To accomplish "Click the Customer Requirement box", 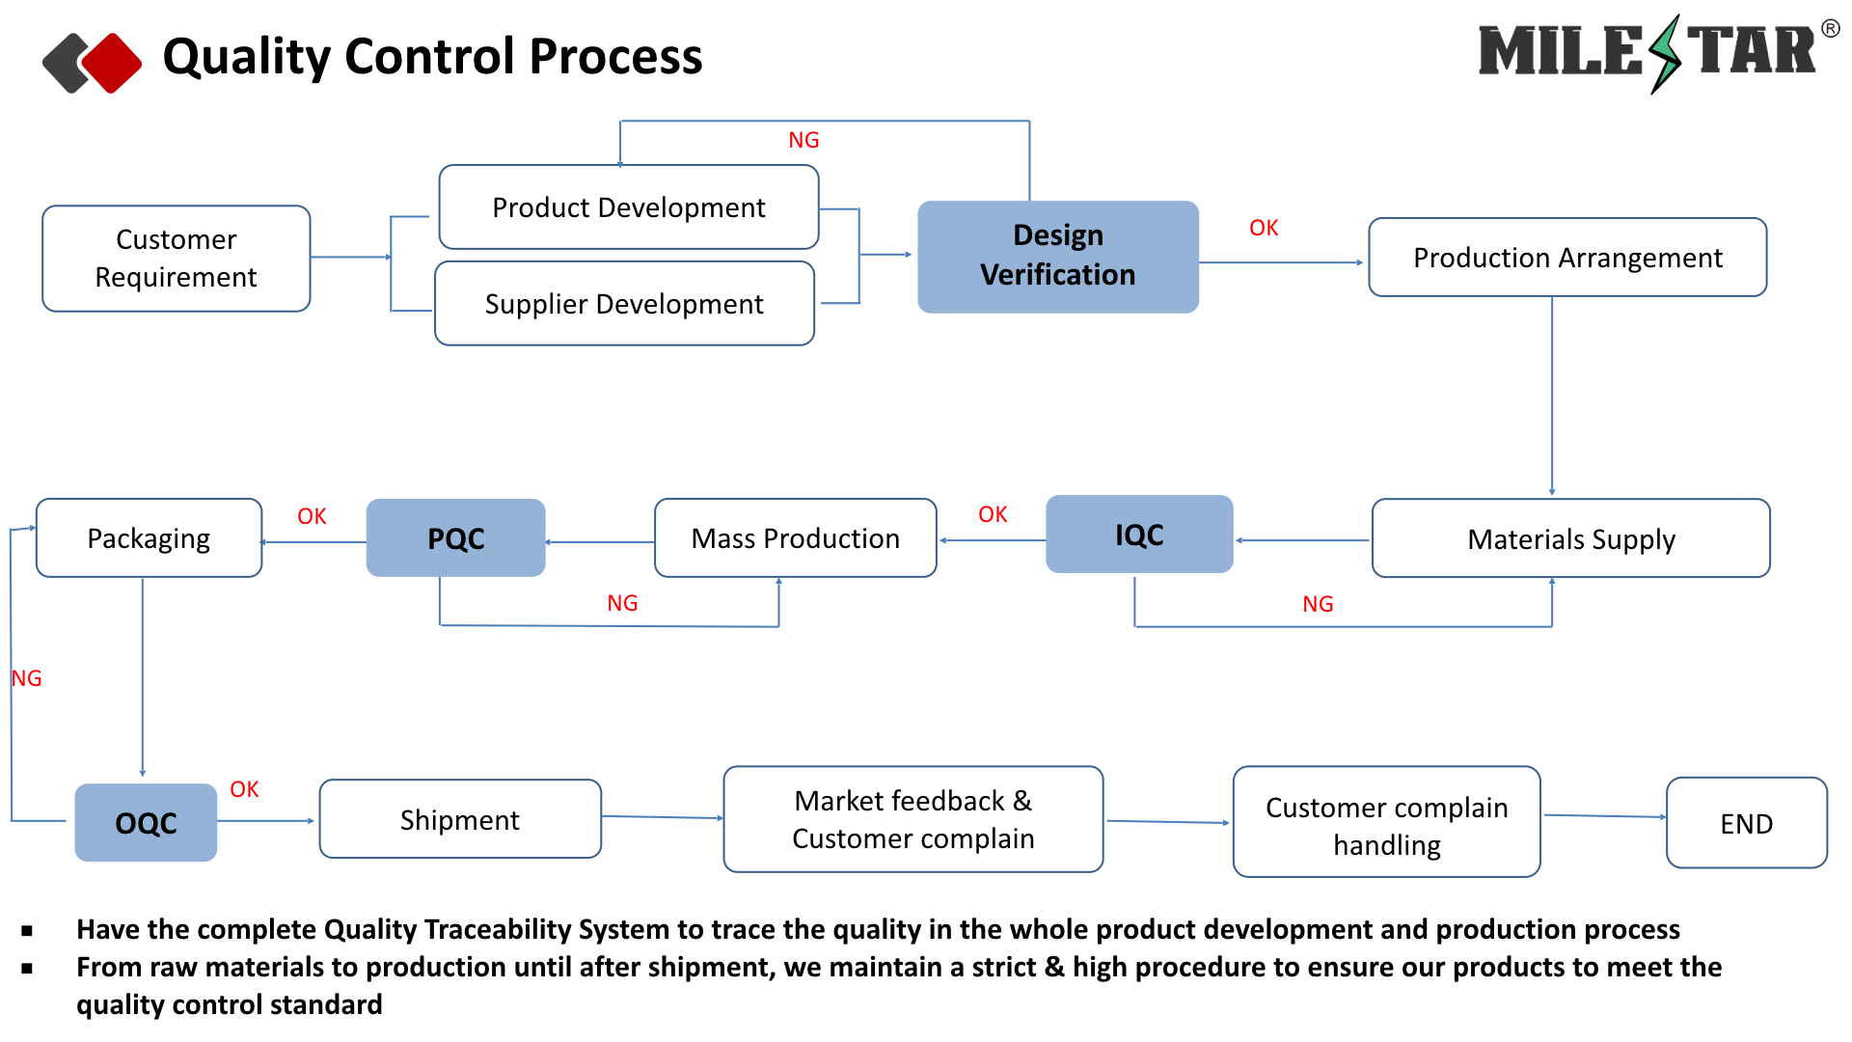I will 177,259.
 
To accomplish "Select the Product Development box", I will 629,207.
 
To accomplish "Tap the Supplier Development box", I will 624,304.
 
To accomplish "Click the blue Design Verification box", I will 1058,257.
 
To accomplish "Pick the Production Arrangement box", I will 1567,258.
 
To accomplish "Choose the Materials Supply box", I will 1570,538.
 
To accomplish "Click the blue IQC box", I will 1139,535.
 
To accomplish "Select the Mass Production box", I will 795,538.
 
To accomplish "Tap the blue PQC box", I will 455,538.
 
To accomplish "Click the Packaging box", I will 149,538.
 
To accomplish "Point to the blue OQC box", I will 146,823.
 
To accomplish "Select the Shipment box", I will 460,820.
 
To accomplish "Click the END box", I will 1746,824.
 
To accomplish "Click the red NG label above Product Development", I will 803,141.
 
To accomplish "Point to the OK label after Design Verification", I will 1264,229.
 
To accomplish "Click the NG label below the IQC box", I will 1318,605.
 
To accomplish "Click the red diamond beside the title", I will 112,63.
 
